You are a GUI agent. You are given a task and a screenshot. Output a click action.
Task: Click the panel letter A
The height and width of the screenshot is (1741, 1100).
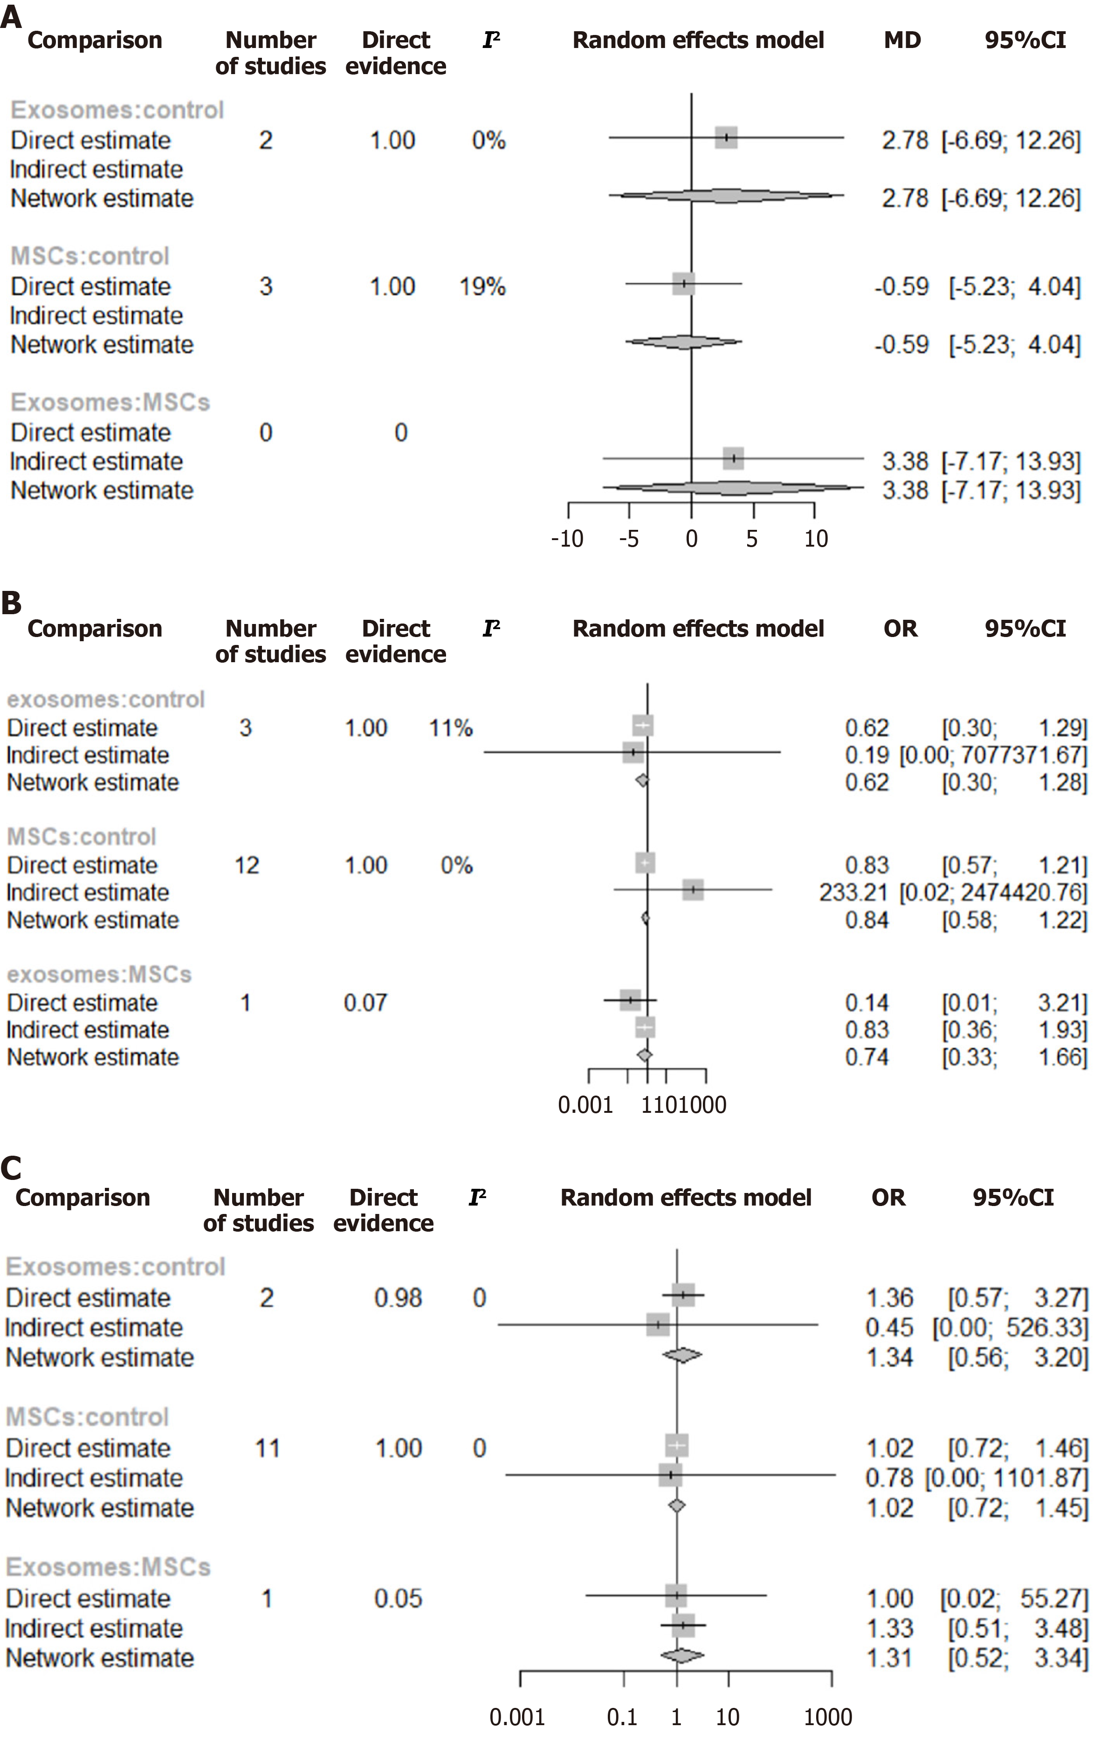tap(11, 16)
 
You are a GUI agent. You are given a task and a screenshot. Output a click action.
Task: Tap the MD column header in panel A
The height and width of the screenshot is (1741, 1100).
tap(902, 41)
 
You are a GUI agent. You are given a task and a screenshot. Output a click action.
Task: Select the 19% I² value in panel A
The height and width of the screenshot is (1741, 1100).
tap(482, 287)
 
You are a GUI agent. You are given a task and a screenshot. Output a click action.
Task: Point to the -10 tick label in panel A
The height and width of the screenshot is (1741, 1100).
tap(566, 539)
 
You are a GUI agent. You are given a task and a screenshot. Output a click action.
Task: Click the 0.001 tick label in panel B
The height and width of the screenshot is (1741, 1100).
tap(585, 1105)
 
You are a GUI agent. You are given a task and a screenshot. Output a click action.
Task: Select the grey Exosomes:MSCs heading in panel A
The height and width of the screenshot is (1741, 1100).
tap(110, 402)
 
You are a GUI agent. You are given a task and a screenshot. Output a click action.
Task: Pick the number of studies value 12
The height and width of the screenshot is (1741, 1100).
tap(247, 865)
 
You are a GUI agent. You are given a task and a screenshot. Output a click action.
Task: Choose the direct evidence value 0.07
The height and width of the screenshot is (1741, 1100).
tap(365, 1003)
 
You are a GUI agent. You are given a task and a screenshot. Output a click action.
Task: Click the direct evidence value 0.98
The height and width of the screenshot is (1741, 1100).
tap(398, 1298)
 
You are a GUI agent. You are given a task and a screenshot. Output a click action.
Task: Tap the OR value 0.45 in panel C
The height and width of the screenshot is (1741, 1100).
tap(889, 1328)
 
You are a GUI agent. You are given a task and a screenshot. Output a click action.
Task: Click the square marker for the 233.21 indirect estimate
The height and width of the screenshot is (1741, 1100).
tap(693, 890)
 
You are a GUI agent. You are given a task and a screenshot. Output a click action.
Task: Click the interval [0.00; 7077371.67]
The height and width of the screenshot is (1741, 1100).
tap(993, 755)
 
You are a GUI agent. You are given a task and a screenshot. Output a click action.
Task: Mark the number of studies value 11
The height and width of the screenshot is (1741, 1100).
tap(267, 1448)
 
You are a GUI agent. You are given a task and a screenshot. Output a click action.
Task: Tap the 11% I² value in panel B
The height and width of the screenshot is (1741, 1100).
tap(451, 728)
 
